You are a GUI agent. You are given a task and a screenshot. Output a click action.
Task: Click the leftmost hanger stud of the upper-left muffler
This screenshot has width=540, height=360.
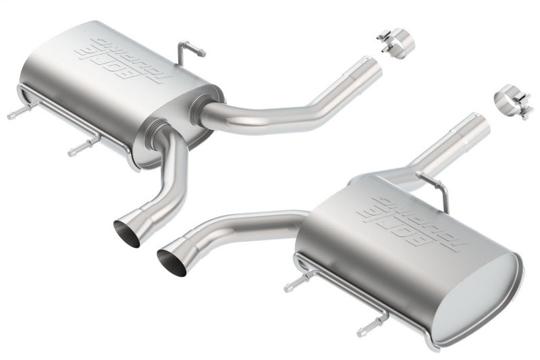click(x=17, y=113)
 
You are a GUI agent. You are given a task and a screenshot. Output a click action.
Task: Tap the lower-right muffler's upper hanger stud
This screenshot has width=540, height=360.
click(x=295, y=284)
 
